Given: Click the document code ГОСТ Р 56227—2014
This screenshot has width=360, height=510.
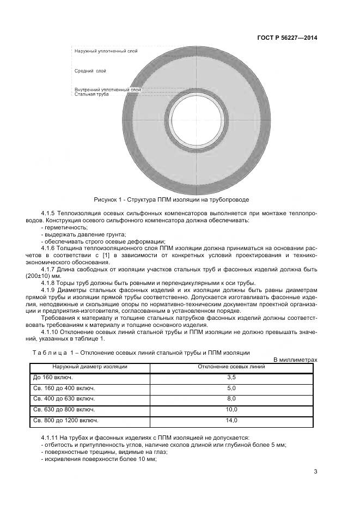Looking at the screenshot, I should coord(287,38).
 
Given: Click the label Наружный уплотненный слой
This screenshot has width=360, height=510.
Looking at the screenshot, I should coord(106,51).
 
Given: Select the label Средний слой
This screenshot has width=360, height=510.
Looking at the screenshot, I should coord(90,71).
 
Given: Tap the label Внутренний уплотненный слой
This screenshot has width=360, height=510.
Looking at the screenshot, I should coord(107,89).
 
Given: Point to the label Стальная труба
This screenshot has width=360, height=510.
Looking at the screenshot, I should coord(91,94).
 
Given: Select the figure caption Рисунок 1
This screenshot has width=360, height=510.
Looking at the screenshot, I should coord(171,199).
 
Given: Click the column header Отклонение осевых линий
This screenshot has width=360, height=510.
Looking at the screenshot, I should coord(231,367).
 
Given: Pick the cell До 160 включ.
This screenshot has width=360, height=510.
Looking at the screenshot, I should coord(53,377).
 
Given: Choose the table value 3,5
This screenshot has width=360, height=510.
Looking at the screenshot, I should coord(231,377).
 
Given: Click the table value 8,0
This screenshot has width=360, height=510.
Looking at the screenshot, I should coord(231,399).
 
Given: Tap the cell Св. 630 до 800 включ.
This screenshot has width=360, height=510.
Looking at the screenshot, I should coord(64,409).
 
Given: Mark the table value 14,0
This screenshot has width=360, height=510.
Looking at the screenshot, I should coord(231,420).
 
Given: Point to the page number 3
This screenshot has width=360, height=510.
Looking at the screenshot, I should coord(316,472).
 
